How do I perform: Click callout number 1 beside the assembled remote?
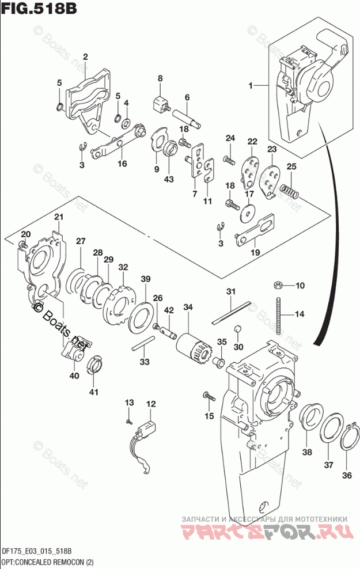coord(251,86)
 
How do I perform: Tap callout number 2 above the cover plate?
coord(85,56)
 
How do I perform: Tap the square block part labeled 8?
coord(159,105)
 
